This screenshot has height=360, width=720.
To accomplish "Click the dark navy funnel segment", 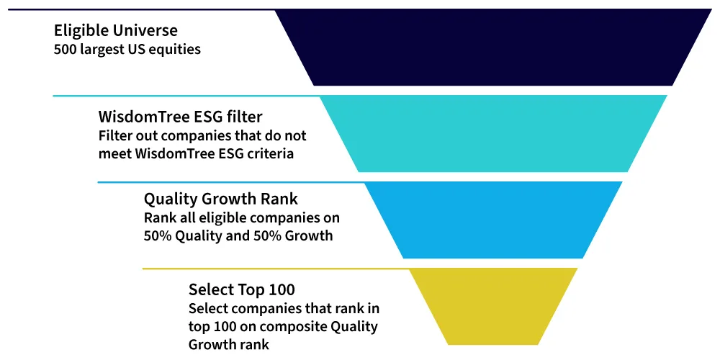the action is pos(493,47).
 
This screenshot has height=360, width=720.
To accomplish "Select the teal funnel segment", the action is pos(493,133).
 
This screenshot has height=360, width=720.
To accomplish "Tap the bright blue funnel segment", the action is pos(493,220).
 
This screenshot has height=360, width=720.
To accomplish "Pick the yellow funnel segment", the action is pos(493,306).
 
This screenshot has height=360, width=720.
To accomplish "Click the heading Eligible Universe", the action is pos(116,31).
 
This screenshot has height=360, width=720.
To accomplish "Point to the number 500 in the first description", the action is pos(66,49).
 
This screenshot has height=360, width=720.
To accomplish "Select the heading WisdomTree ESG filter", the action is pos(181,117).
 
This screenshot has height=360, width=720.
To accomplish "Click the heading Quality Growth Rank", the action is pos(221,199).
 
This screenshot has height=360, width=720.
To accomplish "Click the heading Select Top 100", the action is pos(241,289).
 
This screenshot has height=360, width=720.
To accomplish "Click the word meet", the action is pos(114,153).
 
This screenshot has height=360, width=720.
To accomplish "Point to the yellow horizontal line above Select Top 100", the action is pos(276,269).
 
